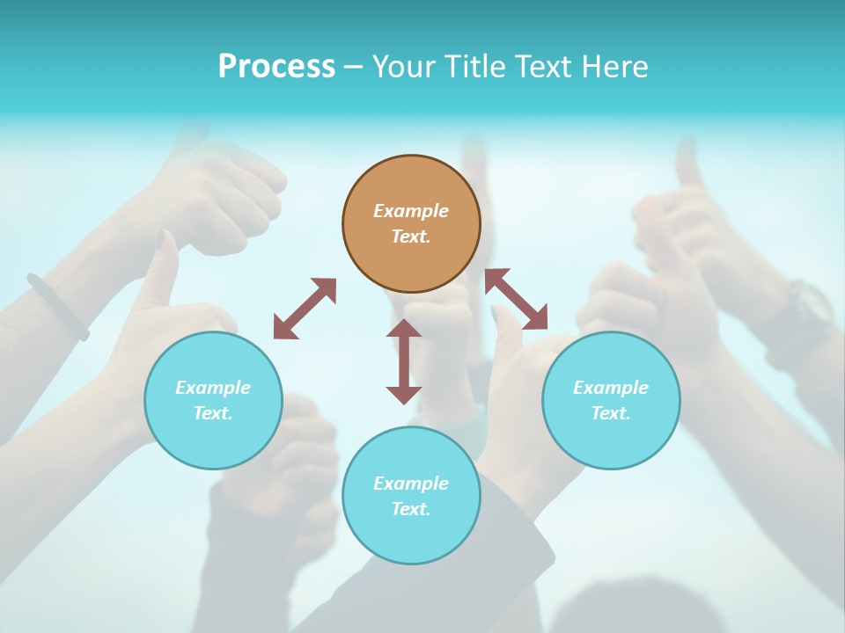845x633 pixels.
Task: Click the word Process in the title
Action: tap(276, 67)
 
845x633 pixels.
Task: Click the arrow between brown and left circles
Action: tap(305, 309)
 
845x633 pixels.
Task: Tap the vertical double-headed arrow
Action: tap(404, 361)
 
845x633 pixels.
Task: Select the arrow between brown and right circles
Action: tap(517, 299)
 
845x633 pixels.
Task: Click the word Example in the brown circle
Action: tap(411, 211)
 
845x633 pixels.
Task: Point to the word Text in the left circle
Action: tap(212, 413)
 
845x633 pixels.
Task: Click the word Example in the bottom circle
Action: tap(411, 483)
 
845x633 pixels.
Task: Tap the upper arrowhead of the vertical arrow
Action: tap(404, 330)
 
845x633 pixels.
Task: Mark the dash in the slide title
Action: tap(353, 67)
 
